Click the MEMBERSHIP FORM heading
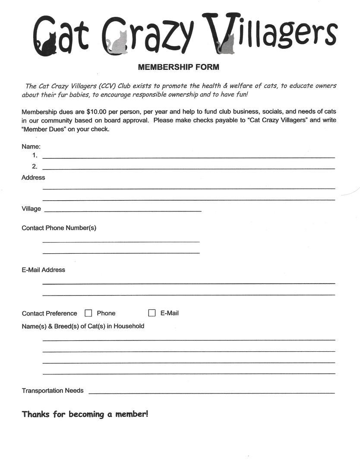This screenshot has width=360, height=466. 178,67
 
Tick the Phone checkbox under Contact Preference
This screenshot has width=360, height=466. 88,313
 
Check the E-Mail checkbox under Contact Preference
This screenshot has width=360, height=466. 152,313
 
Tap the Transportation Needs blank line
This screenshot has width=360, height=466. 212,393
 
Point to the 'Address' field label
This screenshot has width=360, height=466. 33,178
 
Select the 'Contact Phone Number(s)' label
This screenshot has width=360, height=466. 59,228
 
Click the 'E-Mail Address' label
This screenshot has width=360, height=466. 43,270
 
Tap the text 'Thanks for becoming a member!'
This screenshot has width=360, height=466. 85,414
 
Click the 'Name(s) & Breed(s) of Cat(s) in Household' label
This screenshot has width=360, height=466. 83,326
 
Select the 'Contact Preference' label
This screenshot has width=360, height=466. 49,314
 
